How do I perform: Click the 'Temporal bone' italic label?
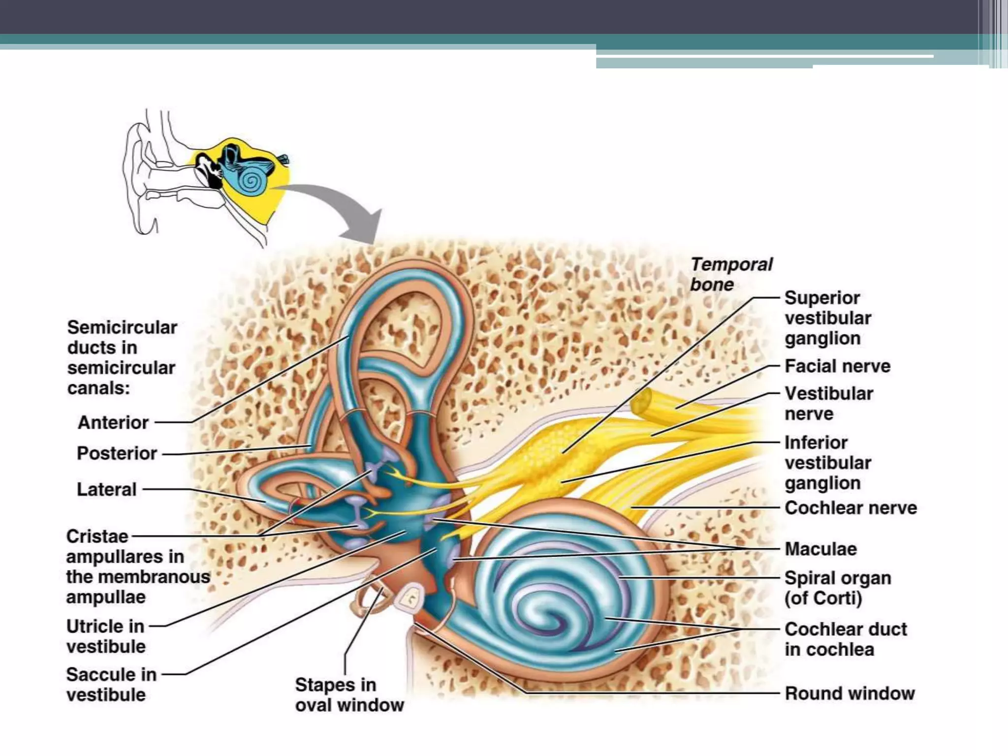click(x=731, y=274)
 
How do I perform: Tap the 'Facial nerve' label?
click(x=837, y=366)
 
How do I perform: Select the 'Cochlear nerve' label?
click(x=850, y=508)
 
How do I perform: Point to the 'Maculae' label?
click(x=820, y=549)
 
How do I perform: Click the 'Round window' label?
click(x=850, y=693)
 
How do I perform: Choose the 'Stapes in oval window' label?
click(x=349, y=695)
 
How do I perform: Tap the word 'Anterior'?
click(x=113, y=422)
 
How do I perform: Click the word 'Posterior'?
click(x=117, y=453)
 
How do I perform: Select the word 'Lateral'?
click(x=107, y=490)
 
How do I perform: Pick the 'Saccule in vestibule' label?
click(x=111, y=685)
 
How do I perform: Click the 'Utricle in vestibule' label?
click(x=106, y=636)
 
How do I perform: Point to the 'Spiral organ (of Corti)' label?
click(x=838, y=588)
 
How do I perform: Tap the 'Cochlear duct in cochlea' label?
click(x=846, y=639)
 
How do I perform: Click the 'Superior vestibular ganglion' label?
click(x=828, y=318)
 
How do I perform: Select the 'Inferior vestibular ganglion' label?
click(x=828, y=463)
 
